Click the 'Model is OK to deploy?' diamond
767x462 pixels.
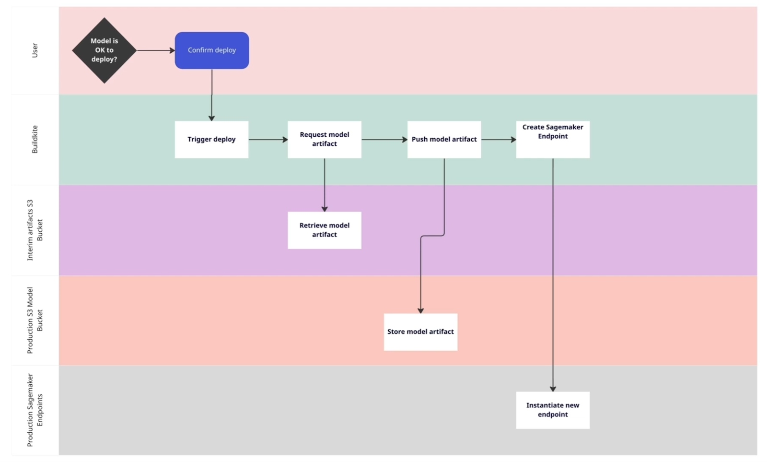104,50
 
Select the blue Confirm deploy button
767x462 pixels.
211,50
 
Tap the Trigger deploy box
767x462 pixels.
211,140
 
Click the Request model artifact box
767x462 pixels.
324,140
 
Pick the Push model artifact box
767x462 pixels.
444,140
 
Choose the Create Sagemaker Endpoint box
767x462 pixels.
552,140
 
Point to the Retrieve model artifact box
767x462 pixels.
324,230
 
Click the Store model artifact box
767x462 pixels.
420,332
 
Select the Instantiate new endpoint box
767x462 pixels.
552,410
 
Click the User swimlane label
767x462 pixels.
35,50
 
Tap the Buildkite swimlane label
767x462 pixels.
35,140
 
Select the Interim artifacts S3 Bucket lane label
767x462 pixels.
35,230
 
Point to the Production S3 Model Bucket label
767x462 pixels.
35,320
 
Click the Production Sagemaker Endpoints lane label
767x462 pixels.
35,410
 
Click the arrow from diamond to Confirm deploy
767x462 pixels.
155,50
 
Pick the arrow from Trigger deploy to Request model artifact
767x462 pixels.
267,140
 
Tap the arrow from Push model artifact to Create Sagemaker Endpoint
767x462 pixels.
498,140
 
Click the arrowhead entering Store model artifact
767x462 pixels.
420,310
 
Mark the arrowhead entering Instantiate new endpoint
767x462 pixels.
553,389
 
